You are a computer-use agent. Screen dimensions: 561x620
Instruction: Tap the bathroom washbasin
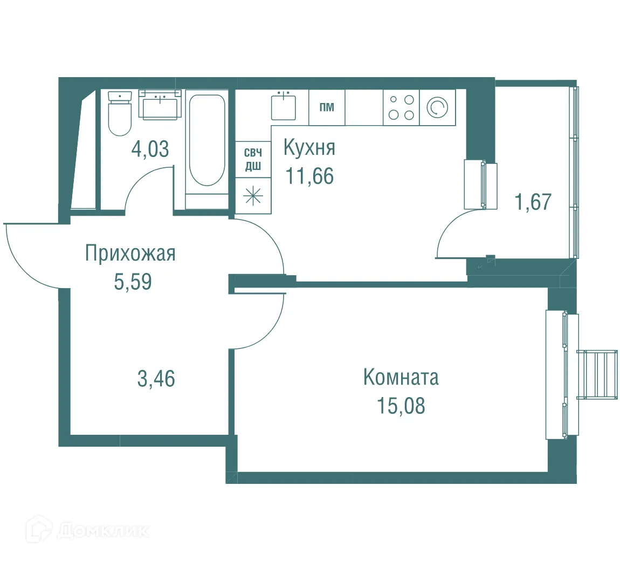pyautogui.click(x=160, y=105)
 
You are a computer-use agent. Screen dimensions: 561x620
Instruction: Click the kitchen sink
pyautogui.click(x=283, y=106)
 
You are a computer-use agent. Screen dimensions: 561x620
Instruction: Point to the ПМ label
pyautogui.click(x=327, y=107)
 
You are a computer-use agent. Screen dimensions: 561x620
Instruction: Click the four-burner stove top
pyautogui.click(x=401, y=107)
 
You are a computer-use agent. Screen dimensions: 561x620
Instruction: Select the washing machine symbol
pyautogui.click(x=437, y=107)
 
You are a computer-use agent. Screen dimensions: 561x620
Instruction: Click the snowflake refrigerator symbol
pyautogui.click(x=253, y=195)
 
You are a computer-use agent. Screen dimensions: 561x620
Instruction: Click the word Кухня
pyautogui.click(x=309, y=148)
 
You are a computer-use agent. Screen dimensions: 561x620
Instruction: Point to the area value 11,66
pyautogui.click(x=309, y=176)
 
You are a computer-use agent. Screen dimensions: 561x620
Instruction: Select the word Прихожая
pyautogui.click(x=130, y=253)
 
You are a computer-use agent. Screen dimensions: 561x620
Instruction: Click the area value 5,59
pyautogui.click(x=133, y=282)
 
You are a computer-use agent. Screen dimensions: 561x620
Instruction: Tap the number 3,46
pyautogui.click(x=156, y=379)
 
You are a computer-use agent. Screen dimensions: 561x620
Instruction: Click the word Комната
pyautogui.click(x=401, y=377)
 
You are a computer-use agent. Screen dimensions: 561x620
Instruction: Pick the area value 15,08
pyautogui.click(x=401, y=406)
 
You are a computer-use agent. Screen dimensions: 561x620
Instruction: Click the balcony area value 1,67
pyautogui.click(x=533, y=202)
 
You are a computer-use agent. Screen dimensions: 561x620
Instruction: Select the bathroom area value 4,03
pyautogui.click(x=150, y=148)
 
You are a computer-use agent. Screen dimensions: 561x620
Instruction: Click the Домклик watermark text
pyautogui.click(x=102, y=531)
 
